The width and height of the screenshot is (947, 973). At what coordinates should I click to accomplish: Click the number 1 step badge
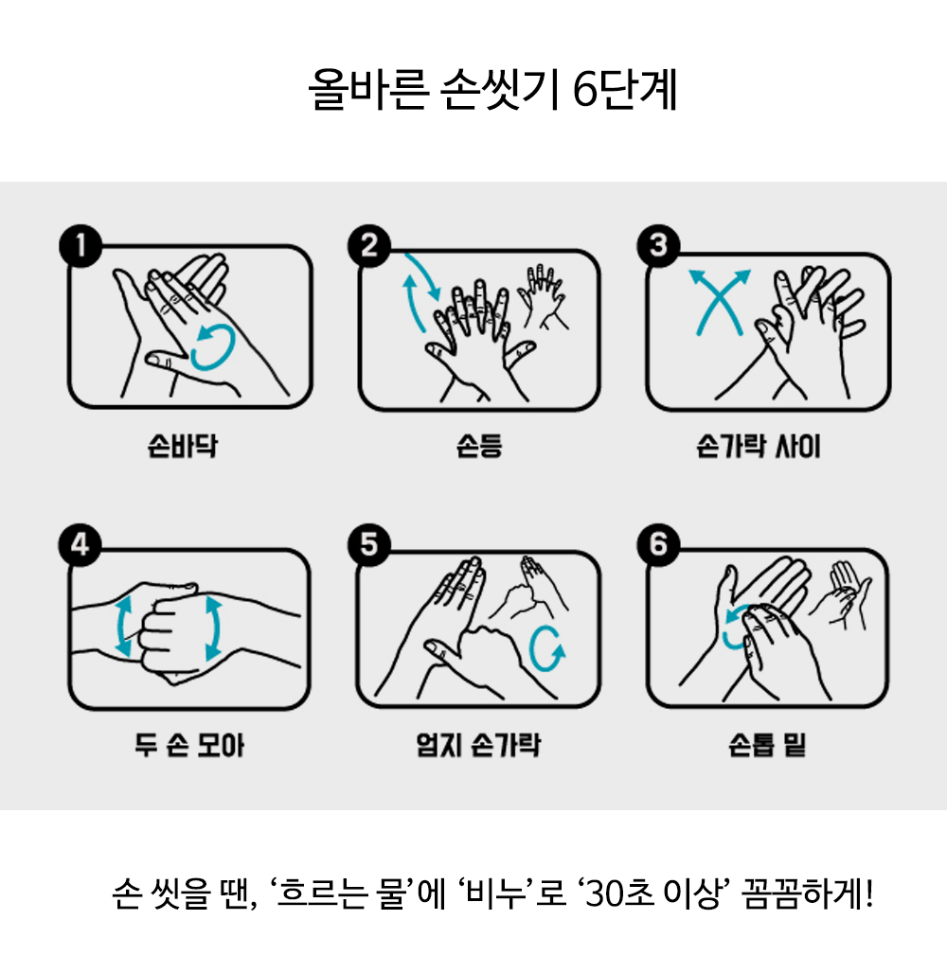pyautogui.click(x=80, y=246)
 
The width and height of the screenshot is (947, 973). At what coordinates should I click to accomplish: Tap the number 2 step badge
pyautogui.click(x=369, y=246)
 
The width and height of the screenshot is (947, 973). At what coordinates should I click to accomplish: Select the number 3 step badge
pyautogui.click(x=659, y=246)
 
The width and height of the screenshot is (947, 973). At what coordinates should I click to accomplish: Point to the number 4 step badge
pyautogui.click(x=80, y=545)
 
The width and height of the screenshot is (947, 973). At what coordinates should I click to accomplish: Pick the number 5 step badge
pyautogui.click(x=369, y=545)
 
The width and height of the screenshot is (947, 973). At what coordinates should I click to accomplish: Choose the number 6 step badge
pyautogui.click(x=659, y=545)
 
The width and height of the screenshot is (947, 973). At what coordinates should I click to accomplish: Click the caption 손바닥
pyautogui.click(x=183, y=446)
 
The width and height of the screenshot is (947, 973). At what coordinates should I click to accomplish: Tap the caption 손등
pyautogui.click(x=479, y=446)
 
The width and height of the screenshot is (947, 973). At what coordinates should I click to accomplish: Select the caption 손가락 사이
pyautogui.click(x=759, y=446)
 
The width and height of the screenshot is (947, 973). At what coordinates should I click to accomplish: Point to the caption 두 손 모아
pyautogui.click(x=188, y=745)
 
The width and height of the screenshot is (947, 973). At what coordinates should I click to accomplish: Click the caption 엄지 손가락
pyautogui.click(x=478, y=745)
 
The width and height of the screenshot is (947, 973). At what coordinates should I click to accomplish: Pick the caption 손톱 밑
pyautogui.click(x=767, y=745)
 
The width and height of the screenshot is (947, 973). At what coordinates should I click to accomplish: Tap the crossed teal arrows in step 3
pyautogui.click(x=720, y=302)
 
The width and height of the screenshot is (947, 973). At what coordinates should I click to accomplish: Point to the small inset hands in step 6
pyautogui.click(x=841, y=594)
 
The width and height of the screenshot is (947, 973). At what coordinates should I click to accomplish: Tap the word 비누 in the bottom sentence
pyautogui.click(x=496, y=893)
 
